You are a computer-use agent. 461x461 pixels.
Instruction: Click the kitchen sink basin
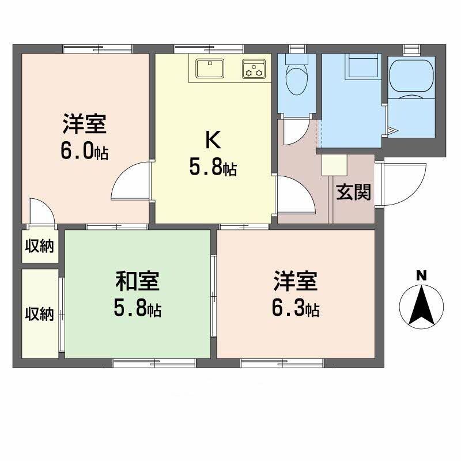click(210, 69)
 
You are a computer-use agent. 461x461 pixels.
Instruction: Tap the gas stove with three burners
click(254, 69)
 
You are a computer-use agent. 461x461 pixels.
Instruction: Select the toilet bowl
click(297, 81)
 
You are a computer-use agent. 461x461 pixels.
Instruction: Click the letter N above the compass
click(422, 275)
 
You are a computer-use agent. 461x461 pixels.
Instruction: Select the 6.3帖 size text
click(296, 309)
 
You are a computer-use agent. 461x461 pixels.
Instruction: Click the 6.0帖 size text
click(84, 152)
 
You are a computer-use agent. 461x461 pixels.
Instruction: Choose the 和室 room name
click(137, 282)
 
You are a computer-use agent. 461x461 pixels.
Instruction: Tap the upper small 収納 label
click(39, 247)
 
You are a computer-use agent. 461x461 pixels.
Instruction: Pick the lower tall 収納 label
click(39, 314)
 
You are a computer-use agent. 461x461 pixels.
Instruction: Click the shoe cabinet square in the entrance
click(334, 165)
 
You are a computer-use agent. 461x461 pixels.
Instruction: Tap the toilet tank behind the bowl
click(296, 59)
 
